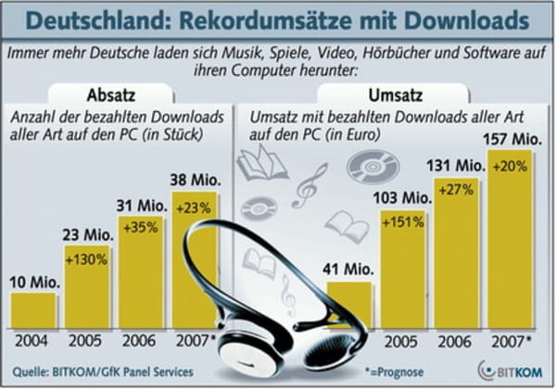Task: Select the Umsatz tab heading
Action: click(x=373, y=94)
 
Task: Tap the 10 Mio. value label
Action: click(x=32, y=280)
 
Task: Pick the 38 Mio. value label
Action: click(x=193, y=177)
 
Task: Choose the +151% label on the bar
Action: click(x=405, y=223)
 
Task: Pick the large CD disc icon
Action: click(x=366, y=167)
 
